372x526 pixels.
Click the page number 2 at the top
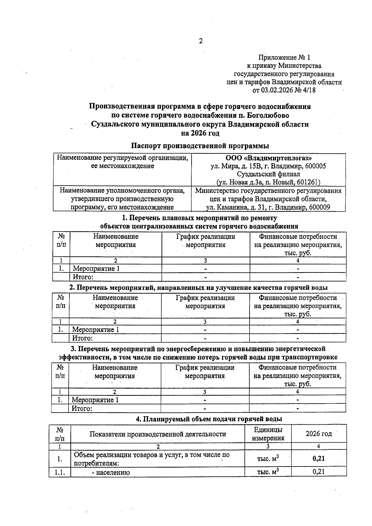[x=201, y=41]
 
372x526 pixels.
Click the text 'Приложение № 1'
[x=284, y=57]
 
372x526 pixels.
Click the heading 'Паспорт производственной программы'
[x=200, y=146]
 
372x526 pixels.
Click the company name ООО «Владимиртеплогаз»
[x=268, y=158]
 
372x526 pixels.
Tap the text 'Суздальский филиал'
[x=268, y=174]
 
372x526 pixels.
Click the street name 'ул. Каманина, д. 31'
[x=236, y=207]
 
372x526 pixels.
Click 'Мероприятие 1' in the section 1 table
[x=96, y=268]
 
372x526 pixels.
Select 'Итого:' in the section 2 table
[x=82, y=338]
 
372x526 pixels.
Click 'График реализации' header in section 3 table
[x=205, y=368]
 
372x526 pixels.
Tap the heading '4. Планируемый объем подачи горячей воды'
[x=209, y=419]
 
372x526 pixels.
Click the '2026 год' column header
[x=318, y=434]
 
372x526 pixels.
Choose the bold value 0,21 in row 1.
[x=318, y=458]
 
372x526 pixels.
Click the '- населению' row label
[x=111, y=472]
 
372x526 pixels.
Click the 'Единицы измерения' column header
[x=268, y=434]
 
